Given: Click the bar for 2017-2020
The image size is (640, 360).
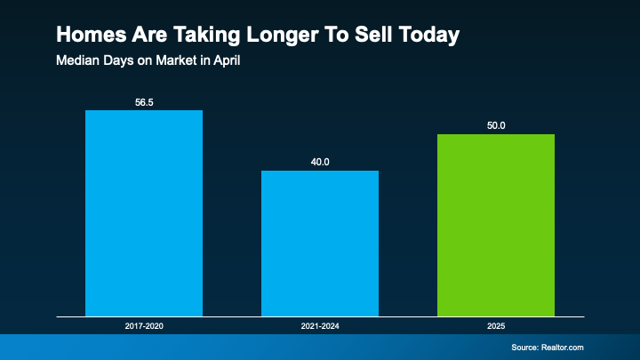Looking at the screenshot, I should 143,213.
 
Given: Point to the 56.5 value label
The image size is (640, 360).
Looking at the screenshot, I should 144,101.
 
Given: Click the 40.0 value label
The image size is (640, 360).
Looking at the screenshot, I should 319,162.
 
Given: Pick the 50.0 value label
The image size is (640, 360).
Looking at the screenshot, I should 495,125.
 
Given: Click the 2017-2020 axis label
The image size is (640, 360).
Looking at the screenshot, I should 144,327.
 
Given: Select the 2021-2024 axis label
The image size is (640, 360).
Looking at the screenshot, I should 319,327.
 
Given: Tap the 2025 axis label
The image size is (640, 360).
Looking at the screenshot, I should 495,327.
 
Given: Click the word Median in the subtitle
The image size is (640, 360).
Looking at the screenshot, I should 76,62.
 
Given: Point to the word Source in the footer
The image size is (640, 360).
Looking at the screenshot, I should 527,347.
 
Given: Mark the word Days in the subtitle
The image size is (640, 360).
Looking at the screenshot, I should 117,62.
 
